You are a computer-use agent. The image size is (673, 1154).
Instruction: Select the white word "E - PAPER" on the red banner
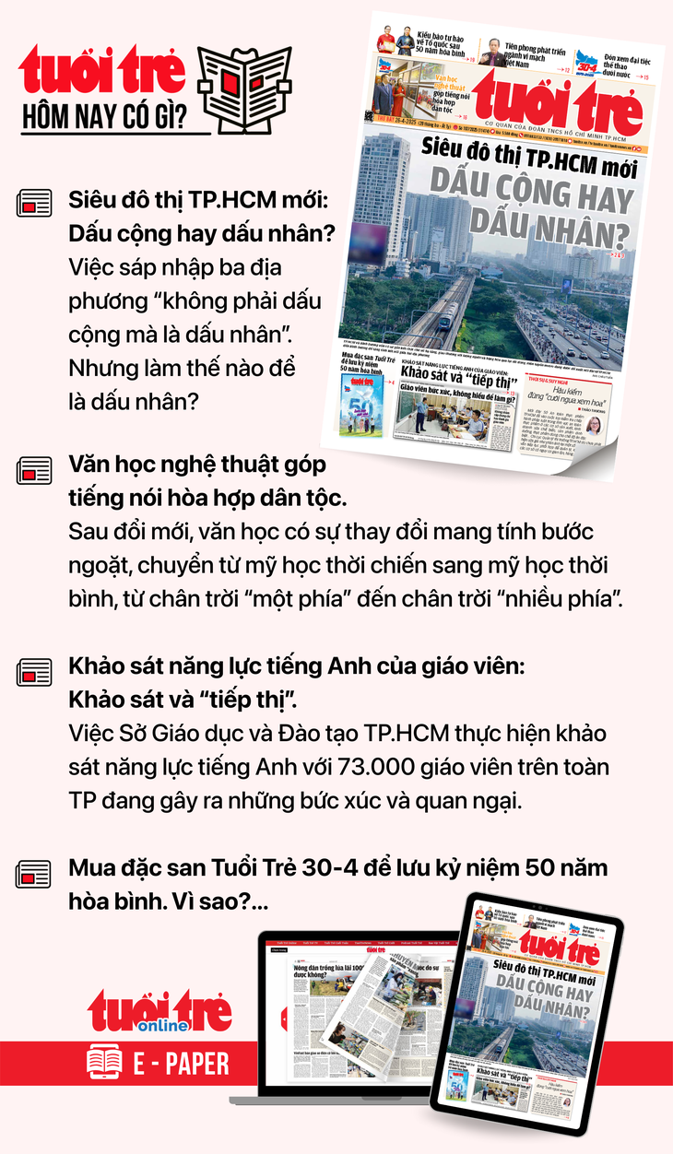point(181,1064)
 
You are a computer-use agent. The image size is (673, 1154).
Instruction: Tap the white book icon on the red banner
point(104,1064)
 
